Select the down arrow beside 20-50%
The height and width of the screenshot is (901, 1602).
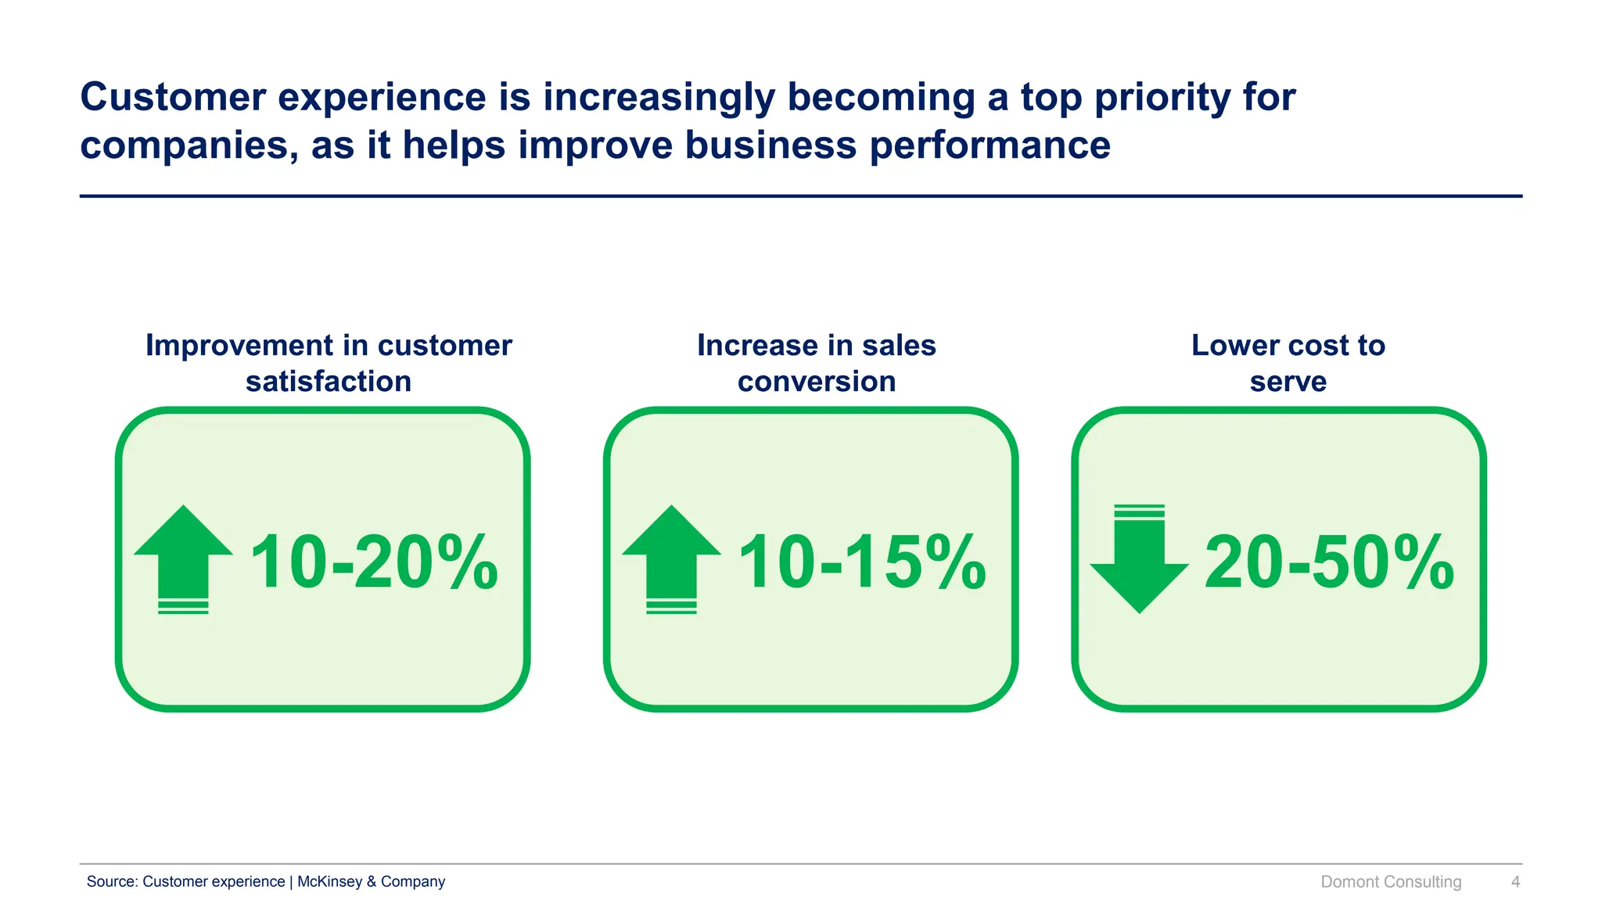point(1139,560)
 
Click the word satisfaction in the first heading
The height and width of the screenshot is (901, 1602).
point(329,382)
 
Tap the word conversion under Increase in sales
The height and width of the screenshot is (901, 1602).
point(817,382)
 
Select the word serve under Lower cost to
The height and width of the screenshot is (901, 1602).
point(1288,382)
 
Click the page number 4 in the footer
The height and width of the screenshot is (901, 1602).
point(1515,881)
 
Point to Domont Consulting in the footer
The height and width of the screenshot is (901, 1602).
point(1391,881)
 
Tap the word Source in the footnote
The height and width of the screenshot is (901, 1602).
point(112,881)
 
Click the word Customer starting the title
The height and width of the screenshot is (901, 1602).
point(173,97)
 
